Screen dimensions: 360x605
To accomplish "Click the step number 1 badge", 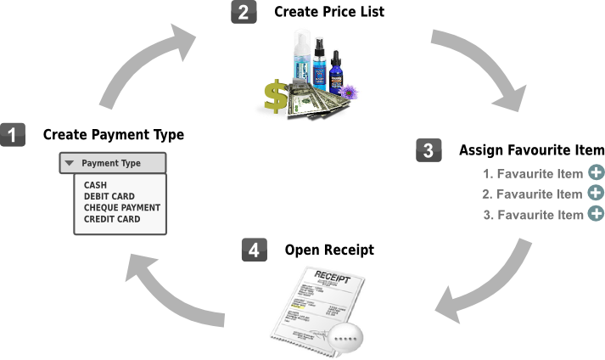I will point(12,134).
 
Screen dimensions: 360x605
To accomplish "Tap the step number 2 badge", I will point(243,14).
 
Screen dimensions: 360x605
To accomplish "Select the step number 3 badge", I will point(429,150).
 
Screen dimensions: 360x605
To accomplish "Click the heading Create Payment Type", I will point(113,134).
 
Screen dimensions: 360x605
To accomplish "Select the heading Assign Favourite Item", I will point(531,150).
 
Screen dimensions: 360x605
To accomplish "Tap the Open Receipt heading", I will point(328,250).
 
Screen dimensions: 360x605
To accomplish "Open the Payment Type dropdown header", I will point(112,163).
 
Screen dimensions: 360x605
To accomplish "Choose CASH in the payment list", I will point(95,184).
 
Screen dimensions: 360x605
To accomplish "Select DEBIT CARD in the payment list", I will point(109,195).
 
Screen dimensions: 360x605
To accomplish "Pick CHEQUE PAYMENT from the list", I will point(122,207).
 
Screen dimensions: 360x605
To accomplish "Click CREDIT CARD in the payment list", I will point(112,219).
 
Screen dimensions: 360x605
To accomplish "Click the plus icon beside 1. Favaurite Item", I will point(596,173).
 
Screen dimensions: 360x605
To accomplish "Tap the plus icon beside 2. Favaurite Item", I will point(596,194).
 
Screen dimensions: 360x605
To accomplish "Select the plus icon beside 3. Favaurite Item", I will point(596,214).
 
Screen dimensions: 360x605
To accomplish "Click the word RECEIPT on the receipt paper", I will point(332,277).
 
